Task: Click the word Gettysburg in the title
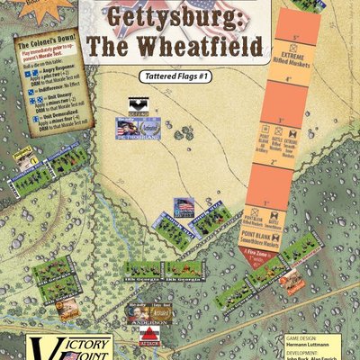179,16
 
